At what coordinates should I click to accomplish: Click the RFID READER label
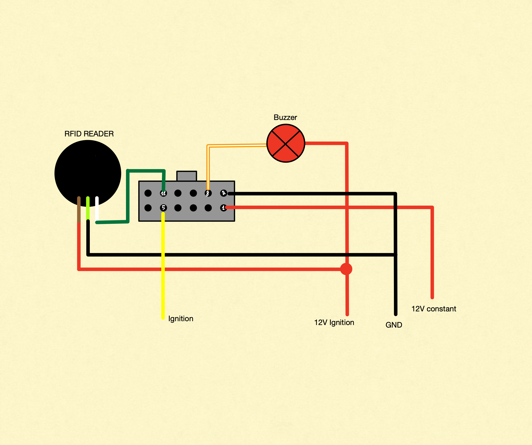click(x=89, y=134)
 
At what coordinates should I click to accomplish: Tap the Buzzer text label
click(x=285, y=117)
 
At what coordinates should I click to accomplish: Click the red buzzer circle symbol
click(x=286, y=143)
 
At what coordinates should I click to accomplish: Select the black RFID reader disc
click(x=88, y=170)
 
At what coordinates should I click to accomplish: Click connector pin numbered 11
click(x=163, y=193)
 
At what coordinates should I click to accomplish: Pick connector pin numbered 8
click(x=208, y=193)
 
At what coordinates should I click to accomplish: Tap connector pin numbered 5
click(x=163, y=208)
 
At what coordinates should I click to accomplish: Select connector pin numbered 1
click(x=223, y=208)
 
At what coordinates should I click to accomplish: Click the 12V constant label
click(x=434, y=309)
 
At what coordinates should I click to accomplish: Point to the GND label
click(x=394, y=325)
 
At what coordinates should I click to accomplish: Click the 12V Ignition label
click(x=334, y=322)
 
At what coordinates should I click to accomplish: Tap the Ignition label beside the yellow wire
click(x=181, y=319)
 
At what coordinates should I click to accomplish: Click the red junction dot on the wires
click(x=346, y=269)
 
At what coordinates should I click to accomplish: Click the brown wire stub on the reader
click(x=79, y=209)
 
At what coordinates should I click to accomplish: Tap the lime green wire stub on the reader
click(x=88, y=208)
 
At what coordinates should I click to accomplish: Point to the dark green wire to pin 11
click(x=128, y=195)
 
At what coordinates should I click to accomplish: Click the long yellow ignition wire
click(x=163, y=266)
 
